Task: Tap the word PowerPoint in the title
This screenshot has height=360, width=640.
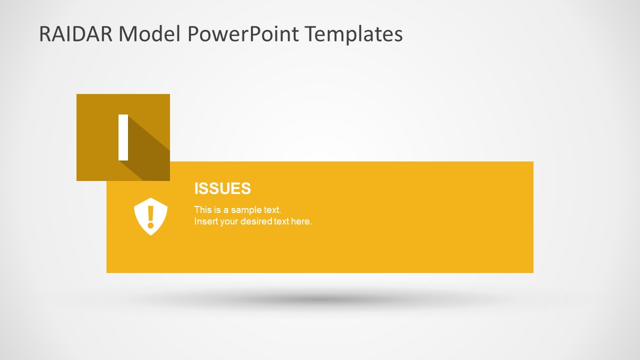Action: (x=243, y=34)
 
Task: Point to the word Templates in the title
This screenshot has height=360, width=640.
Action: (x=354, y=34)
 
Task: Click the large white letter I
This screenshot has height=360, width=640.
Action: (x=123, y=137)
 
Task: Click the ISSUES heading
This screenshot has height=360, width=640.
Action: (x=222, y=188)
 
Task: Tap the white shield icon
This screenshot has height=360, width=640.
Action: (x=150, y=216)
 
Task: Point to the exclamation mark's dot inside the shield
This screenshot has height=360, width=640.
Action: (x=150, y=226)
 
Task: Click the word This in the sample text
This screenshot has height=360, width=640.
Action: (x=202, y=210)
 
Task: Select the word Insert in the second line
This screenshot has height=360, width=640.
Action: (x=205, y=221)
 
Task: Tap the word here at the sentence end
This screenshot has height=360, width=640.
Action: (x=301, y=221)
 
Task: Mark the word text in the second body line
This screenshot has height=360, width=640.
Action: (x=281, y=221)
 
